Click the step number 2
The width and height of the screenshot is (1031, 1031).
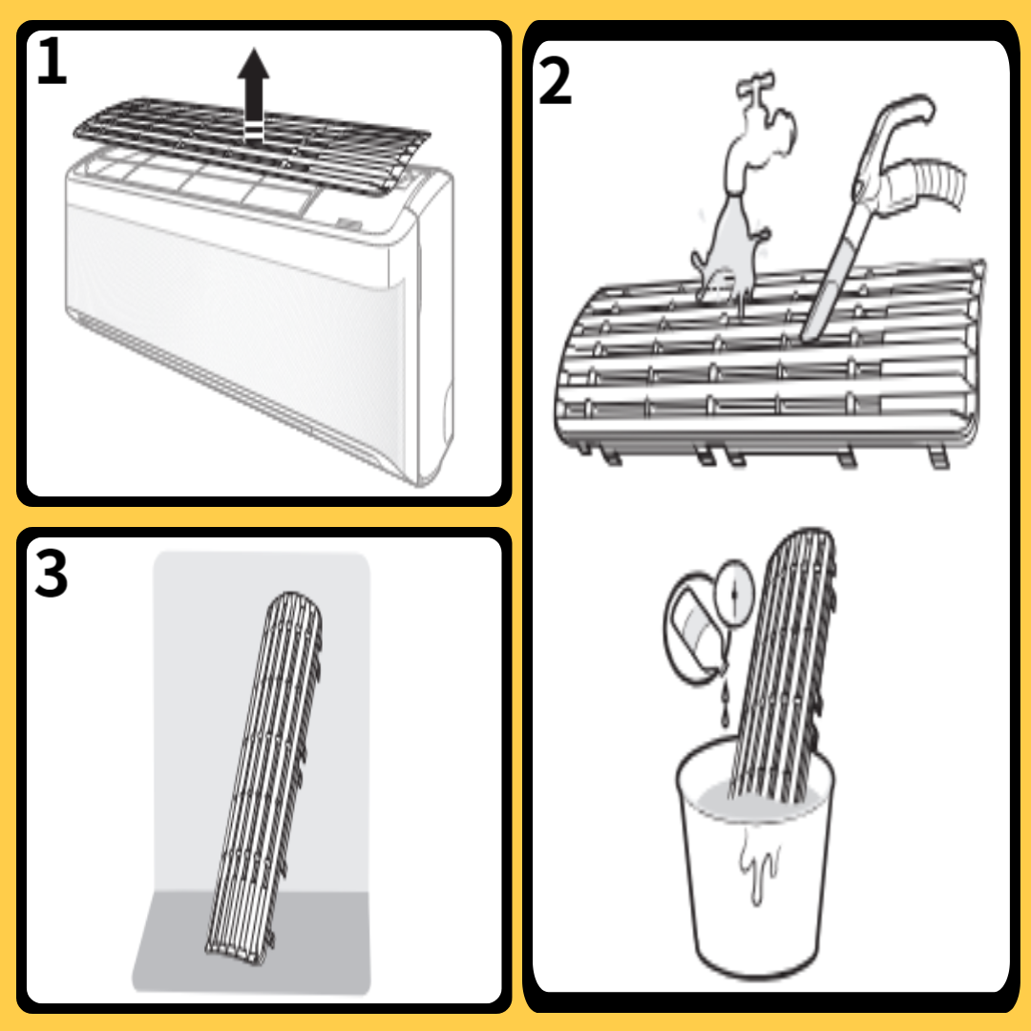555,81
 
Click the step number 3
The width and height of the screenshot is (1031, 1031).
51,574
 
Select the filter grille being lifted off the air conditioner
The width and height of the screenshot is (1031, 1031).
250,145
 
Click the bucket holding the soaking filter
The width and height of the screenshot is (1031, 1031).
756,868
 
